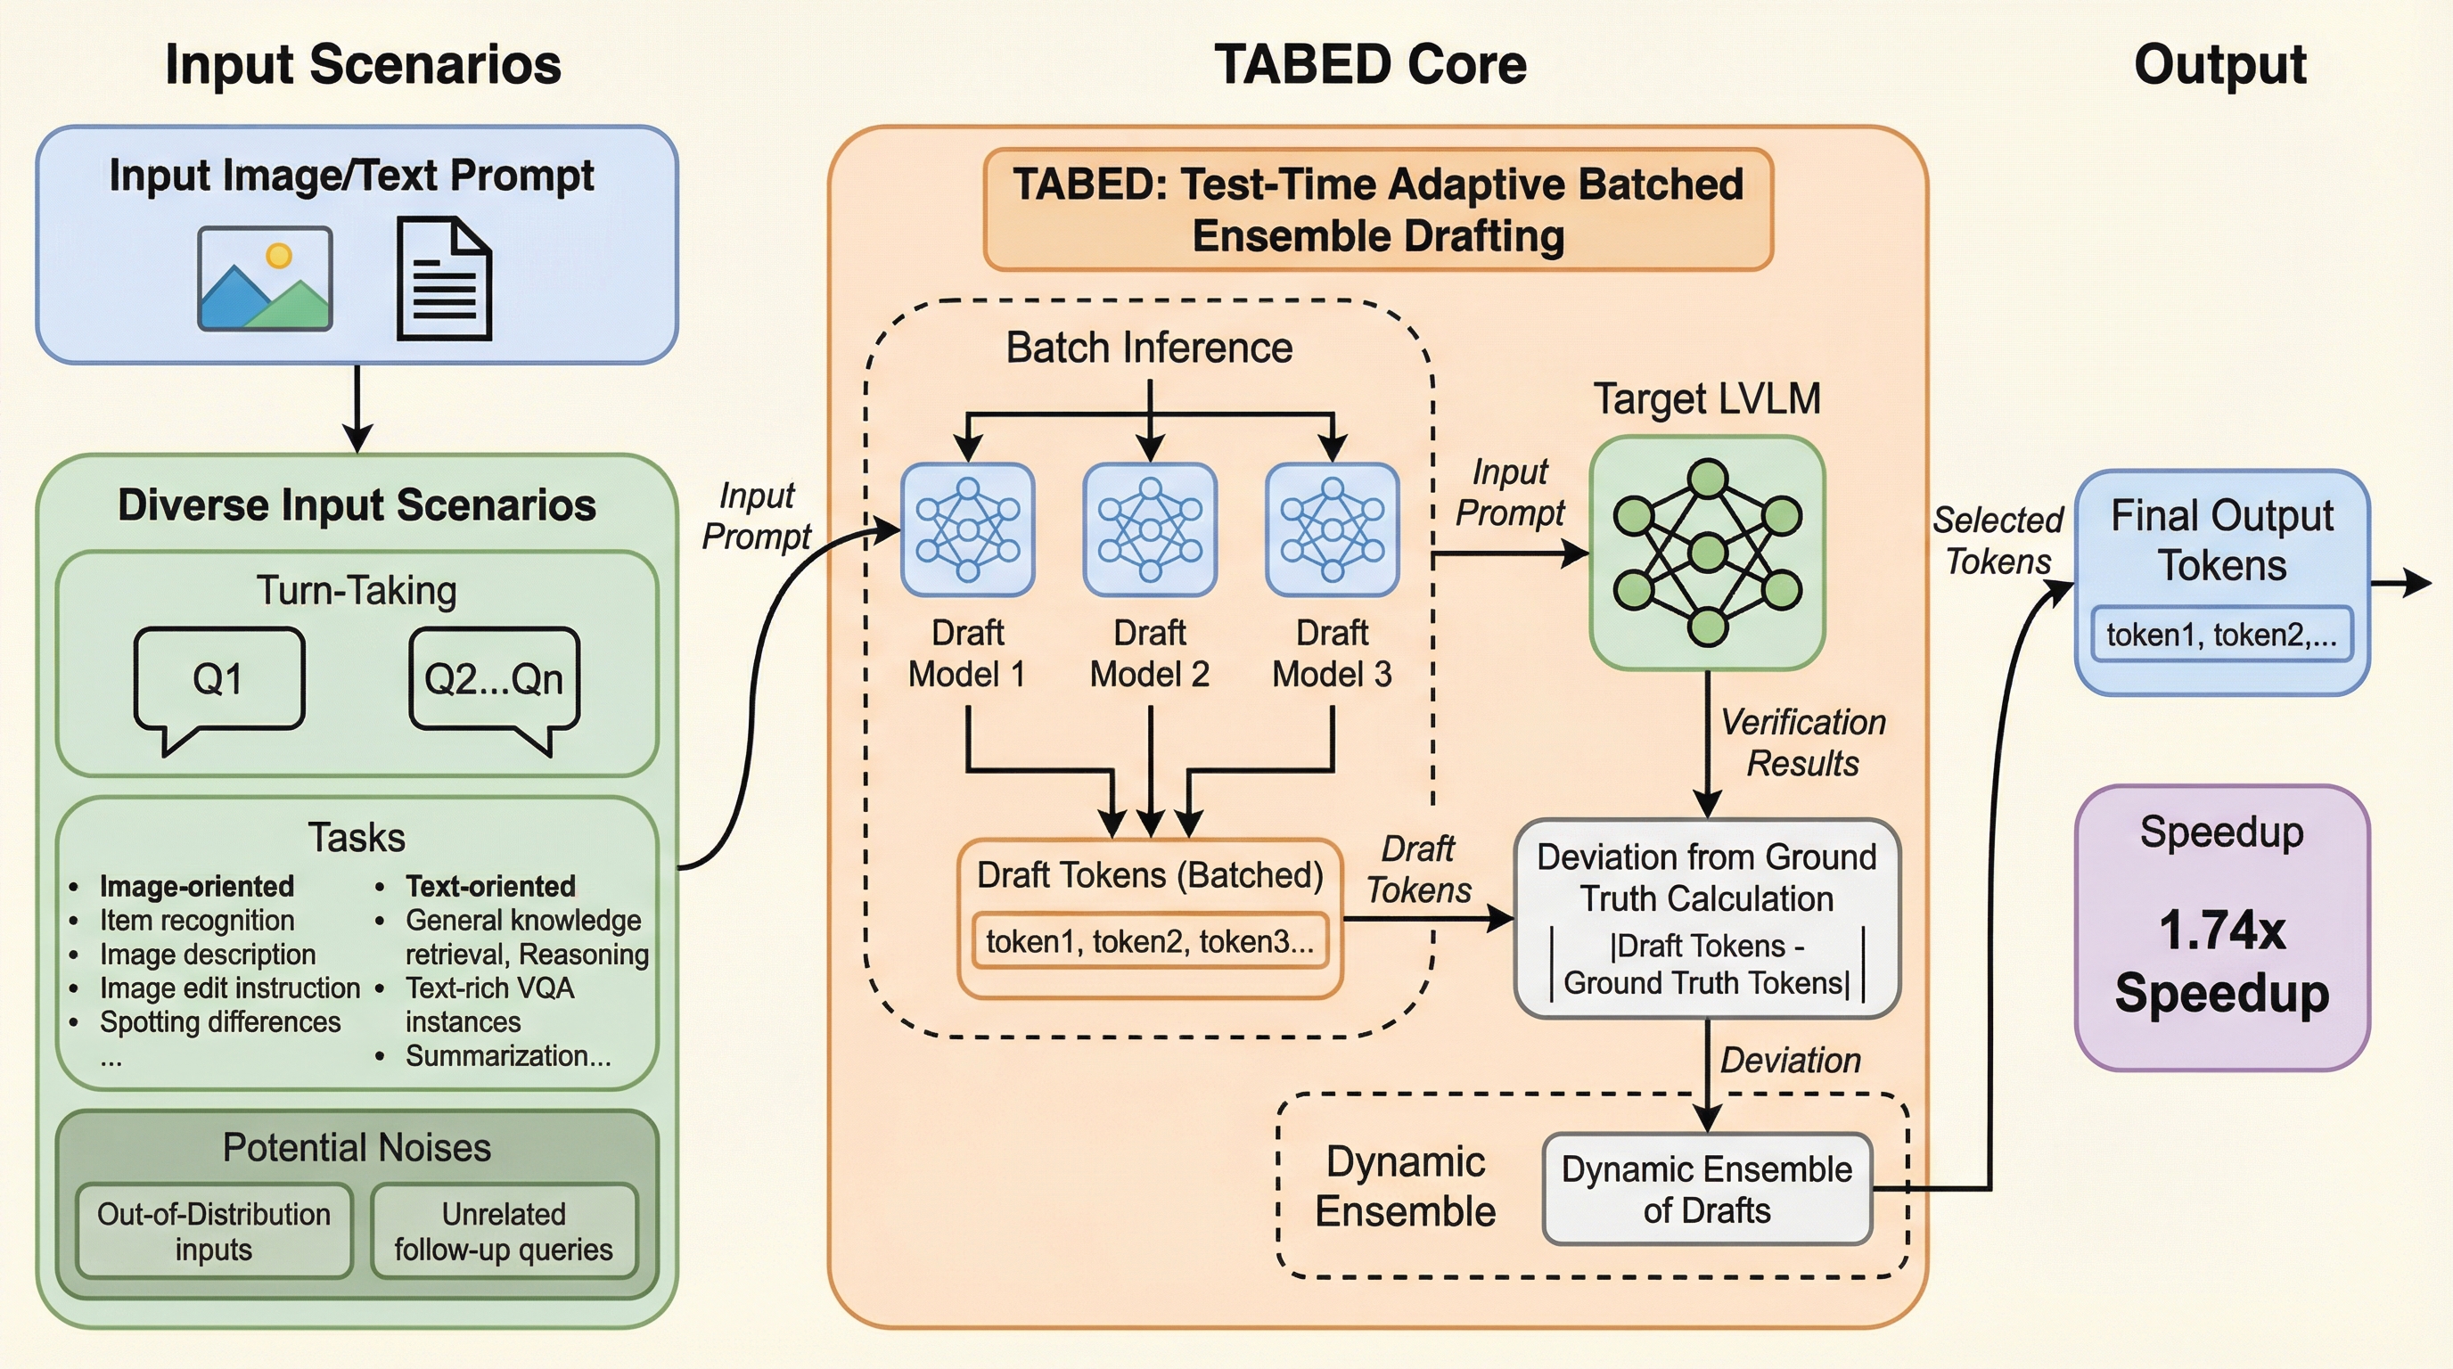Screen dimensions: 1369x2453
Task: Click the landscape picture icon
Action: pyautogui.click(x=265, y=278)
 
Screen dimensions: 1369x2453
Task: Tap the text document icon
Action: pyautogui.click(x=444, y=278)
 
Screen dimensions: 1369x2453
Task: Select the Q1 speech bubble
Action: pyautogui.click(x=219, y=680)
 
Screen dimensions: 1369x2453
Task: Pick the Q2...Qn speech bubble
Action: pyautogui.click(x=493, y=680)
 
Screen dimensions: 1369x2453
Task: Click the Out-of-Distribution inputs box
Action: pyautogui.click(x=213, y=1230)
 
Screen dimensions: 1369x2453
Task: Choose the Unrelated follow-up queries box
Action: pyautogui.click(x=504, y=1230)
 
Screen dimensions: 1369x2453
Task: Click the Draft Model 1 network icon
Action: pyautogui.click(x=967, y=529)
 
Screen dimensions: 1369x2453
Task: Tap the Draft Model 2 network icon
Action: pyautogui.click(x=1151, y=529)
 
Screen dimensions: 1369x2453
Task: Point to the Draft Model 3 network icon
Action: pyautogui.click(x=1333, y=529)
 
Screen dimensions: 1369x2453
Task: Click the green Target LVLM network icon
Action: pyautogui.click(x=1708, y=553)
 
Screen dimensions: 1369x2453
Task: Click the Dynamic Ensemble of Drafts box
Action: pyautogui.click(x=1706, y=1189)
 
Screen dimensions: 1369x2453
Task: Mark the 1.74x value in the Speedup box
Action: pyautogui.click(x=2221, y=930)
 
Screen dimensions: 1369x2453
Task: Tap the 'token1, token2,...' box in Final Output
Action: pyautogui.click(x=2220, y=634)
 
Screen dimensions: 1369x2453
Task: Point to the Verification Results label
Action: pyautogui.click(x=1802, y=742)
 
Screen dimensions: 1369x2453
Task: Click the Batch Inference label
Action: pyautogui.click(x=1149, y=348)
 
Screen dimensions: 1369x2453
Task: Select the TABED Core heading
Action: pyautogui.click(x=1370, y=65)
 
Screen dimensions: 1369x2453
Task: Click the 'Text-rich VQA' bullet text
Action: pyautogui.click(x=489, y=988)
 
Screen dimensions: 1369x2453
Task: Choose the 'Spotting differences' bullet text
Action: pyautogui.click(x=220, y=1021)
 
